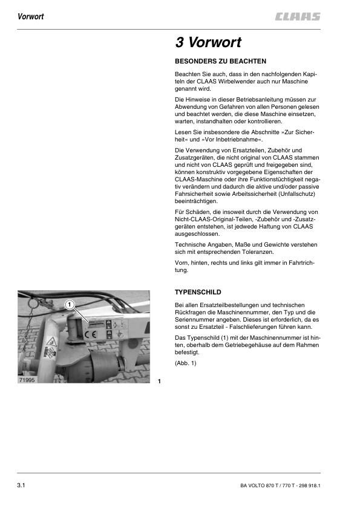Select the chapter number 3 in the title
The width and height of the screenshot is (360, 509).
[x=179, y=43]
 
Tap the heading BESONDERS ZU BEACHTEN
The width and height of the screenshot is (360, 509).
[x=220, y=62]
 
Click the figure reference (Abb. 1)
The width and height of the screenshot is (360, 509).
[x=186, y=363]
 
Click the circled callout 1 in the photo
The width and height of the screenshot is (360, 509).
[x=70, y=304]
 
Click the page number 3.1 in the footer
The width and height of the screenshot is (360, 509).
[x=24, y=485]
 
